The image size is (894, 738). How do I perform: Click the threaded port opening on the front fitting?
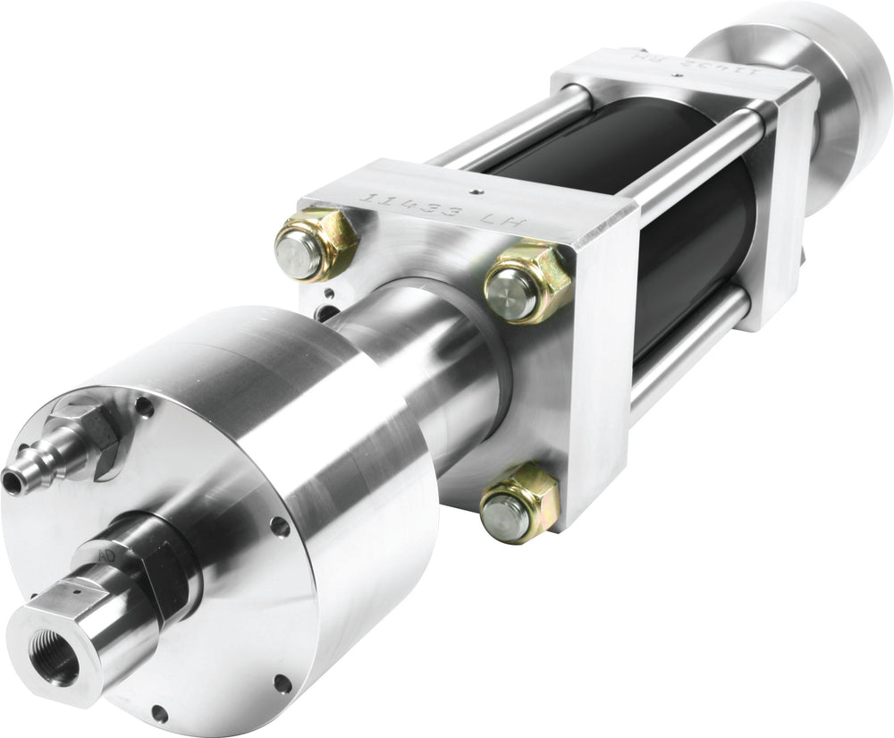(x=55, y=660)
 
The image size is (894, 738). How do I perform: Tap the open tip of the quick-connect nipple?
(x=12, y=482)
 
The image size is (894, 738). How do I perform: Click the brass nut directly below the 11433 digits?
(x=315, y=244)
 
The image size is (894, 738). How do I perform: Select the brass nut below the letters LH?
(x=527, y=283)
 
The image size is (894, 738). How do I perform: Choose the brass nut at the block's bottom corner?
(x=519, y=502)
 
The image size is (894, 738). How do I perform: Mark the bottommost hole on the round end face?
(x=159, y=713)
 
